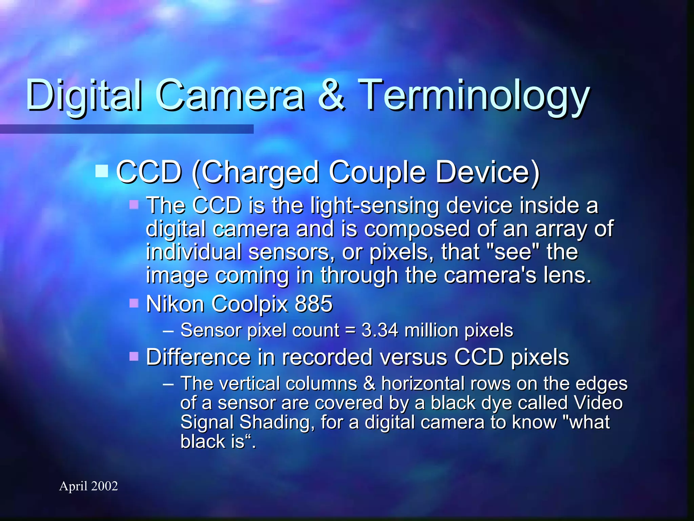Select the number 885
[x=314, y=304]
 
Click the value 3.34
[x=380, y=330]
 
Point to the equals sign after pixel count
[x=350, y=331]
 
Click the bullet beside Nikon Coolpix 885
[x=134, y=303]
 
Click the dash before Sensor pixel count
[x=168, y=331]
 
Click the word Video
[x=598, y=403]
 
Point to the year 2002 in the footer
[x=104, y=486]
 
